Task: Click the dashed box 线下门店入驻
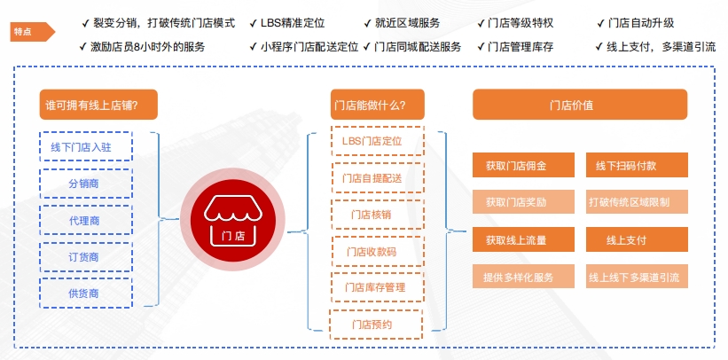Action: pos(86,147)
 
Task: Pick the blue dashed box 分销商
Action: pos(86,184)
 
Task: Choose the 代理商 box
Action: pos(86,220)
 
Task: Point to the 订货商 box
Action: pos(86,256)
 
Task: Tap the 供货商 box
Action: pos(86,293)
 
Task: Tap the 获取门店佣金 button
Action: pos(515,166)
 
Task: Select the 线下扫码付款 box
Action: pos(637,166)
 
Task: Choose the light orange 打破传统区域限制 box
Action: pos(637,202)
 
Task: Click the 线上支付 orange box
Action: pos(637,239)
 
